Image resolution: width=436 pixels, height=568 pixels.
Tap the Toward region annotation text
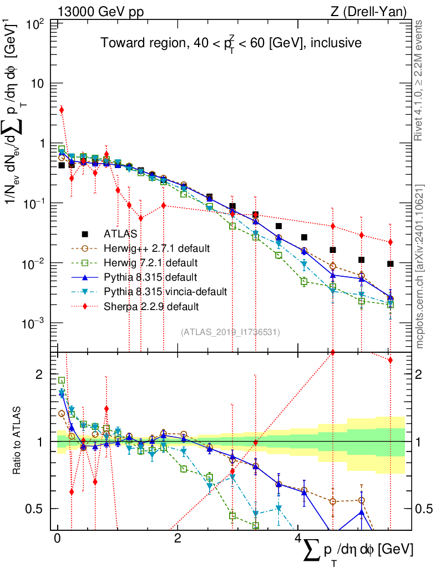[x=231, y=43]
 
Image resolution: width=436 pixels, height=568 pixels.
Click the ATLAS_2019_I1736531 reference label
[x=230, y=332]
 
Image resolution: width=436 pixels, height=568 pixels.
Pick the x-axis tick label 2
[x=177, y=539]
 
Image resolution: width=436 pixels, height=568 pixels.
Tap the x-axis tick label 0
[x=57, y=539]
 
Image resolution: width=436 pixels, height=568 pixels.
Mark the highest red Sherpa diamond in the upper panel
[x=62, y=110]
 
